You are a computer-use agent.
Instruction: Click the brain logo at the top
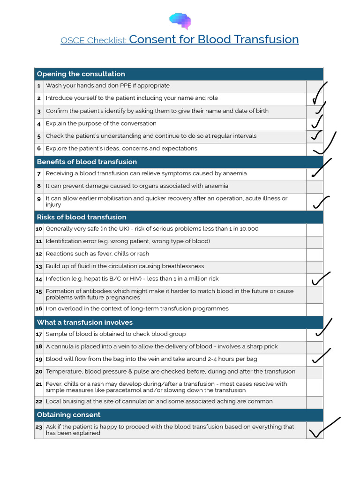coord(180,21)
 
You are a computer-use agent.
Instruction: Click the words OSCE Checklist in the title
coord(93,41)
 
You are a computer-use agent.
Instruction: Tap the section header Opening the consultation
coord(81,74)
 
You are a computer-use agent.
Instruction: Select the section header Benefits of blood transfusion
coord(87,162)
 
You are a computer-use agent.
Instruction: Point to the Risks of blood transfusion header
coord(82,217)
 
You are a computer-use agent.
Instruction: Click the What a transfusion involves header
coord(85,322)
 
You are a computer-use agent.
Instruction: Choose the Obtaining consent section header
coord(68,415)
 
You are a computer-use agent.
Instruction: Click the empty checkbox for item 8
coord(315,186)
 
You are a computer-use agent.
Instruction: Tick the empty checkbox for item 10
coord(315,229)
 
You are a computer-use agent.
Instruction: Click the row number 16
coord(39,309)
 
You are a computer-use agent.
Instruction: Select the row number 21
coord(39,384)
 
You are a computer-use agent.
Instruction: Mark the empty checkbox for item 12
coord(315,254)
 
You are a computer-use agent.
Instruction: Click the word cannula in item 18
coord(63,347)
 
